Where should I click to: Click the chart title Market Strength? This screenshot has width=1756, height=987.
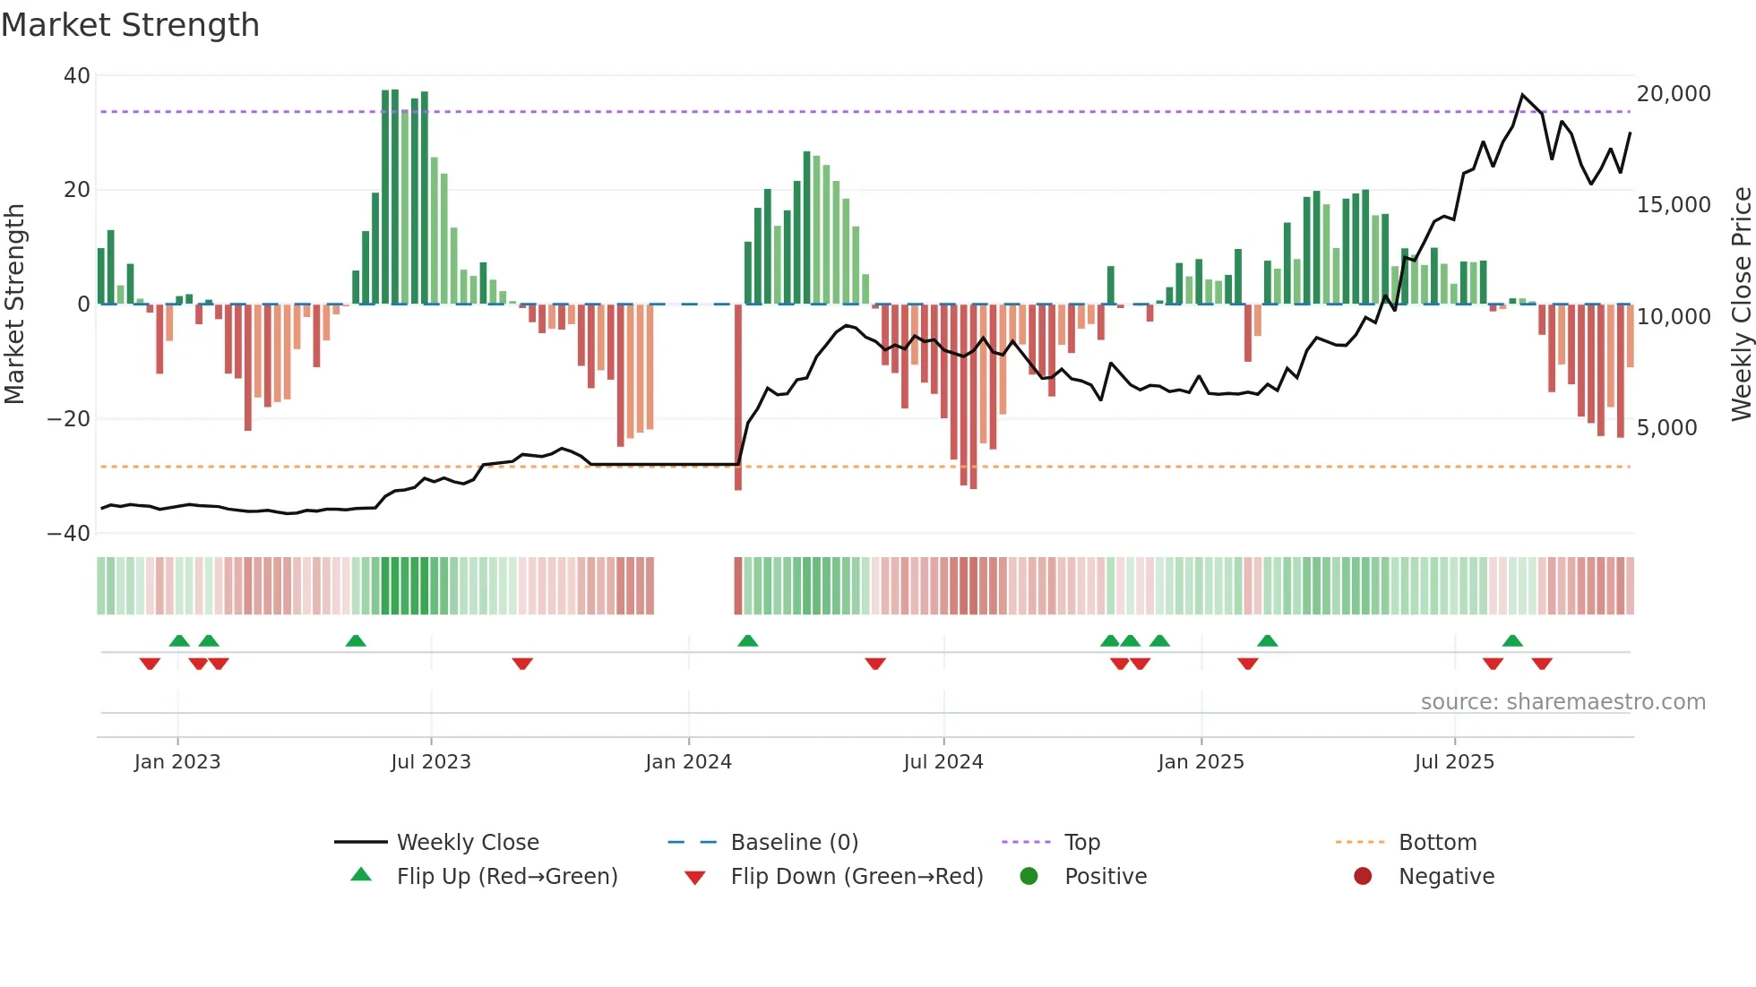(x=130, y=25)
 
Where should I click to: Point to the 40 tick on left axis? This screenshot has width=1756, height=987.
(x=77, y=76)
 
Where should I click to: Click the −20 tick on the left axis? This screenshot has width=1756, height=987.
(x=69, y=419)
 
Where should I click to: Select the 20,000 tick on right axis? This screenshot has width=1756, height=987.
(x=1674, y=94)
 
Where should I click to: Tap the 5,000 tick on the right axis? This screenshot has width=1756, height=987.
(x=1666, y=428)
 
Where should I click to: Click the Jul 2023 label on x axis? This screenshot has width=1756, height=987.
(x=431, y=762)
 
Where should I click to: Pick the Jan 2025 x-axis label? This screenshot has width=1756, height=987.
(x=1201, y=762)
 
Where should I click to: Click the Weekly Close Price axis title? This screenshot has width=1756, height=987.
(x=1741, y=305)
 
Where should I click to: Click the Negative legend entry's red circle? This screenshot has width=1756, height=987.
(x=1363, y=876)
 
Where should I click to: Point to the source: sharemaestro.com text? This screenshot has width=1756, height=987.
(x=1562, y=702)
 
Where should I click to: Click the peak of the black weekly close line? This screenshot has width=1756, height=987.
(x=1522, y=95)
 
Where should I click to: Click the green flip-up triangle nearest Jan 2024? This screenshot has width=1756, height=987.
(x=748, y=640)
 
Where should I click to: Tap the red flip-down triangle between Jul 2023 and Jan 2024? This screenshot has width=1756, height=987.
(x=522, y=664)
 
